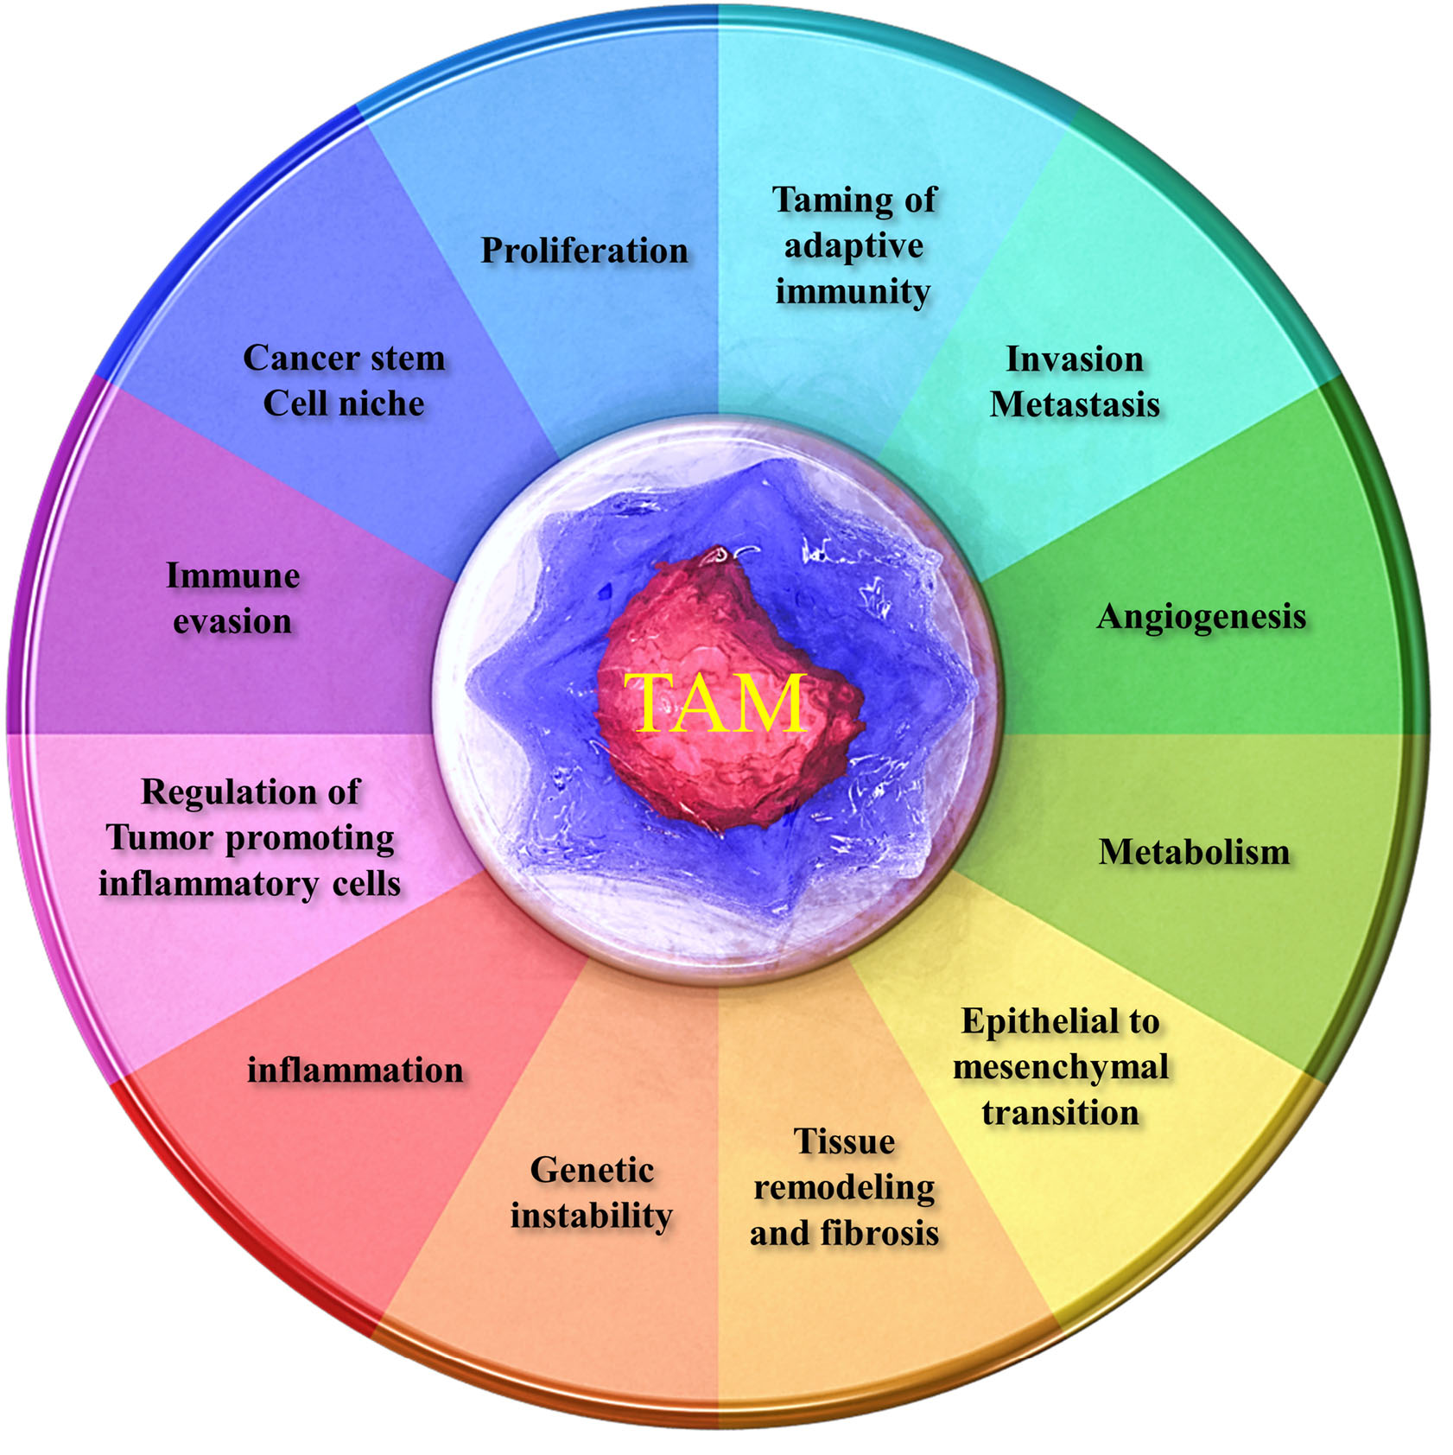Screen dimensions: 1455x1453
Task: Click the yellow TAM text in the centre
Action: (x=716, y=702)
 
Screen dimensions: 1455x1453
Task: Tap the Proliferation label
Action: (x=584, y=251)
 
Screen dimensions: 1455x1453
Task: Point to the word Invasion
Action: (x=1074, y=359)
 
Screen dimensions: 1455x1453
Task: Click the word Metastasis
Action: (x=1074, y=404)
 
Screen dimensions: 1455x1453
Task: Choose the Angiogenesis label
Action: (x=1201, y=618)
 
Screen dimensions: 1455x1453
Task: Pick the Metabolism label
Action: (x=1194, y=853)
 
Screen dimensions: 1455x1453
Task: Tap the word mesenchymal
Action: (x=1060, y=1068)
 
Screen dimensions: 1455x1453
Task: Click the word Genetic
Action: (x=592, y=1171)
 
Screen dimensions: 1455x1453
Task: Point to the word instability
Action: (x=591, y=1217)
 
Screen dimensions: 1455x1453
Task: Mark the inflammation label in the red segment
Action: (x=355, y=1071)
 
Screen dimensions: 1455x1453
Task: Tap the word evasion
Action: (x=232, y=622)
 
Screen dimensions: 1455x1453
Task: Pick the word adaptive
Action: (x=853, y=246)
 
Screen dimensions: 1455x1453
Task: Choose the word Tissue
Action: (x=844, y=1142)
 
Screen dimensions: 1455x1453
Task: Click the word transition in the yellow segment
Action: (x=1060, y=1113)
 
